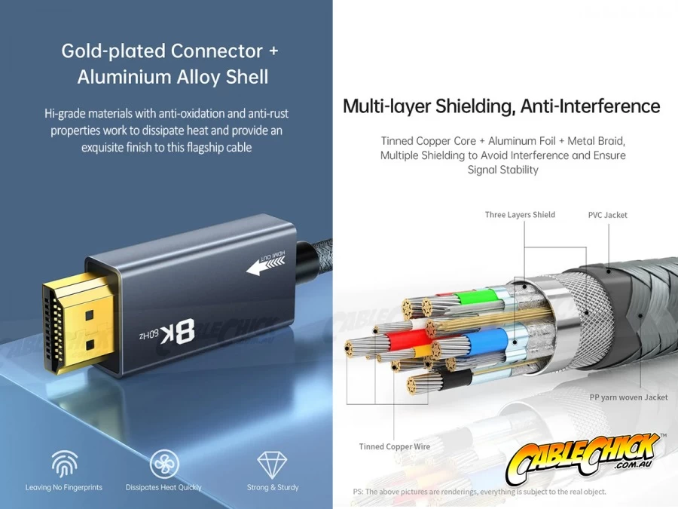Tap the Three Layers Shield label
coord(520,215)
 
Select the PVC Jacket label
coord(607,215)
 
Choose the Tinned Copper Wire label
coord(394,447)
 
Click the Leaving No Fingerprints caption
coord(64,488)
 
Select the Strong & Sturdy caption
coord(272,488)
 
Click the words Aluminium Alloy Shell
coord(173,77)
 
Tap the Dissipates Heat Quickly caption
coord(163,488)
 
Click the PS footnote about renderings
coord(479,492)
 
